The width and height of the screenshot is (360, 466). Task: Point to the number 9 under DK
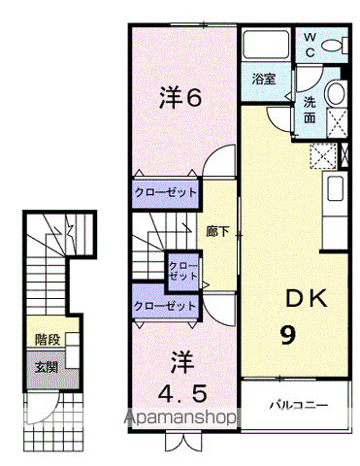pos(288,335)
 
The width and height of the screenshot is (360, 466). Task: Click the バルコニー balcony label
pos(298,403)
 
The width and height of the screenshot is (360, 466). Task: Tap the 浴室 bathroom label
pos(264,79)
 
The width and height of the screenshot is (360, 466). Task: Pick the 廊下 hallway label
pos(217,232)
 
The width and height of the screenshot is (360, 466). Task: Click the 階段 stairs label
pos(46,340)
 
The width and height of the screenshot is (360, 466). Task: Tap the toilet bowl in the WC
pos(334,45)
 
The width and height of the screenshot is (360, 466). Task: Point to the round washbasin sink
pos(335,94)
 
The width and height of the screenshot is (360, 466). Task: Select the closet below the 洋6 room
pos(165,192)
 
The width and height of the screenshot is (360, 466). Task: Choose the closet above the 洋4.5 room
pos(165,305)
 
